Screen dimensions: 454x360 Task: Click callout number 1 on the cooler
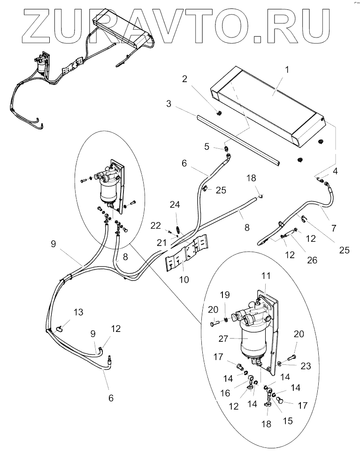(x=287, y=69)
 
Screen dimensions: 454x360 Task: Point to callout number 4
(x=335, y=172)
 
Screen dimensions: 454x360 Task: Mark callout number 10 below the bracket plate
(x=184, y=279)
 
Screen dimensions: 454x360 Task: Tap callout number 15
(x=287, y=421)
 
